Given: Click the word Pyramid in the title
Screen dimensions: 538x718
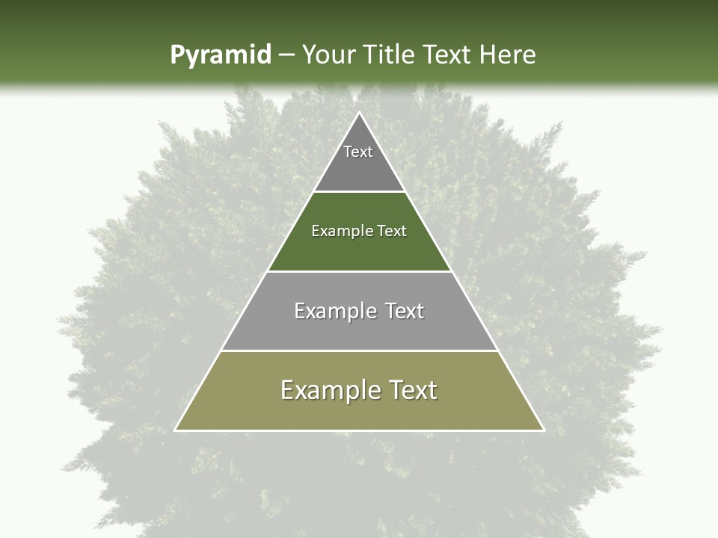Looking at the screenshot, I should [220, 55].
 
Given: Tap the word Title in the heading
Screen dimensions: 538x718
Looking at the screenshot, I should [392, 55].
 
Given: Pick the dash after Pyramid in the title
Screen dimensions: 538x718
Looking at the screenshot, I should [286, 55].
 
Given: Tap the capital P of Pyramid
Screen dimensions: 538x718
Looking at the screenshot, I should [177, 55].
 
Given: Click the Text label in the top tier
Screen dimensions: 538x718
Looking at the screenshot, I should [358, 152].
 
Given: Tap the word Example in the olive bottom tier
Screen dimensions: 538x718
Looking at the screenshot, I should [324, 391].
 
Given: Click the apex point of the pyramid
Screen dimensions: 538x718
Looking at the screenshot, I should [359, 114].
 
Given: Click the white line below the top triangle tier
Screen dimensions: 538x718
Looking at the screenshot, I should [359, 192].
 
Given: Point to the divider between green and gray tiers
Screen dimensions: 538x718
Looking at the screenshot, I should [359, 271].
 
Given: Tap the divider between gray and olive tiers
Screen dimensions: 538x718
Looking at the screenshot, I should [359, 350].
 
